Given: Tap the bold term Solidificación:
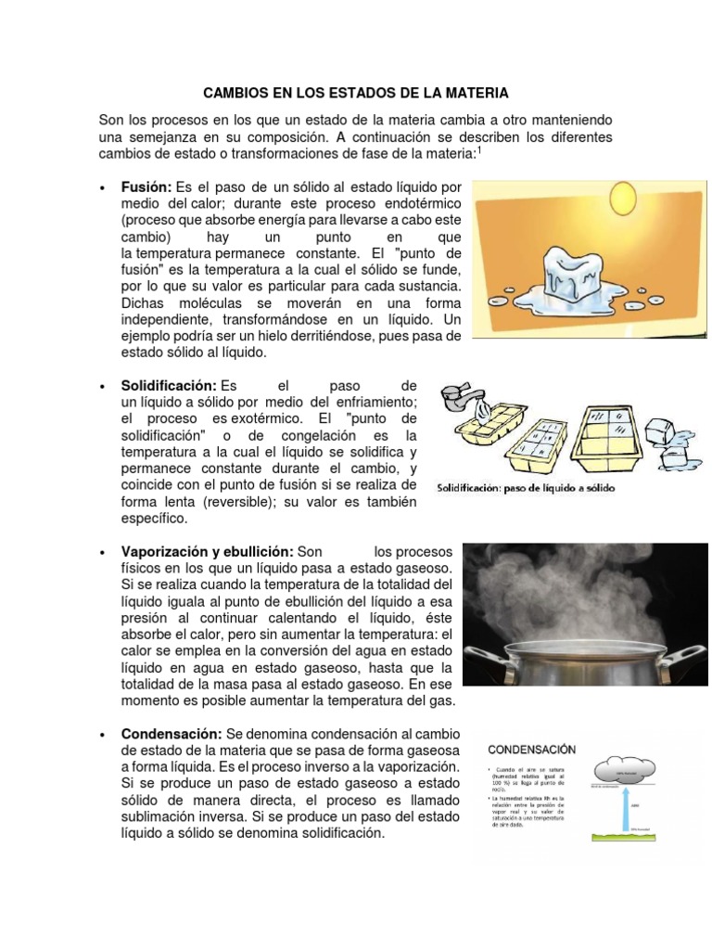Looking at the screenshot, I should point(169,384).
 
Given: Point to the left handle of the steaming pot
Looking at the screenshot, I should point(483,666).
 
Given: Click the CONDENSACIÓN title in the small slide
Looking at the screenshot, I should point(531,748).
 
